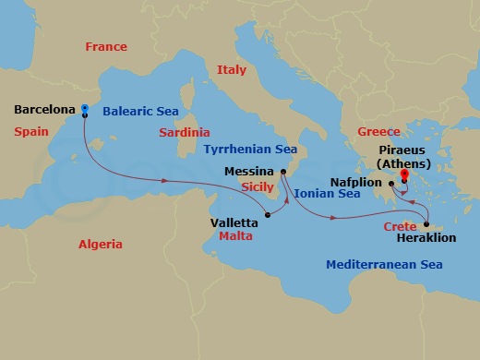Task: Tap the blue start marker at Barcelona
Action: pyautogui.click(x=84, y=108)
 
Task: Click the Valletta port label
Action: pyautogui.click(x=235, y=222)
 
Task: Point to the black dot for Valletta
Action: pyautogui.click(x=267, y=216)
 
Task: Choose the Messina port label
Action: pyautogui.click(x=249, y=172)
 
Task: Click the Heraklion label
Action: pyautogui.click(x=426, y=238)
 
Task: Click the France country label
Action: pyautogui.click(x=106, y=46)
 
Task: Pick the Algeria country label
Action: pyautogui.click(x=101, y=244)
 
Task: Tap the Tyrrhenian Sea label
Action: pyautogui.click(x=250, y=148)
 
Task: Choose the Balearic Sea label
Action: pyautogui.click(x=140, y=111)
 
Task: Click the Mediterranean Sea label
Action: pyautogui.click(x=384, y=265)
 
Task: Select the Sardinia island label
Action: pyautogui.click(x=184, y=132)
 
